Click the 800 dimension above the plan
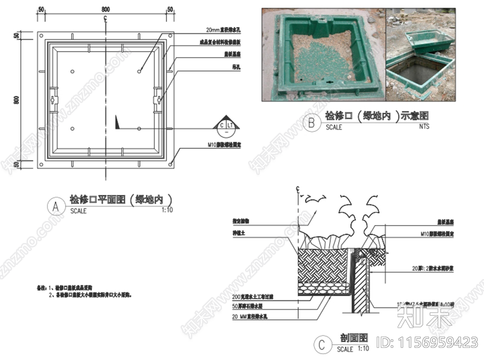pyautogui.click(x=105, y=9)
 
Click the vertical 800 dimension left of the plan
pyautogui.click(x=17, y=100)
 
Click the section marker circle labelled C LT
pyautogui.click(x=225, y=127)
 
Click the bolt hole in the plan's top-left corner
pyautogui.click(x=41, y=35)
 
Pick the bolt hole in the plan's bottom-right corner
pyautogui.click(x=171, y=165)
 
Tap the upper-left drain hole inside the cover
pyautogui.click(x=73, y=71)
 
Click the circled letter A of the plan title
pyautogui.click(x=56, y=207)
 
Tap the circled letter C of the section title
pyautogui.click(x=321, y=345)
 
